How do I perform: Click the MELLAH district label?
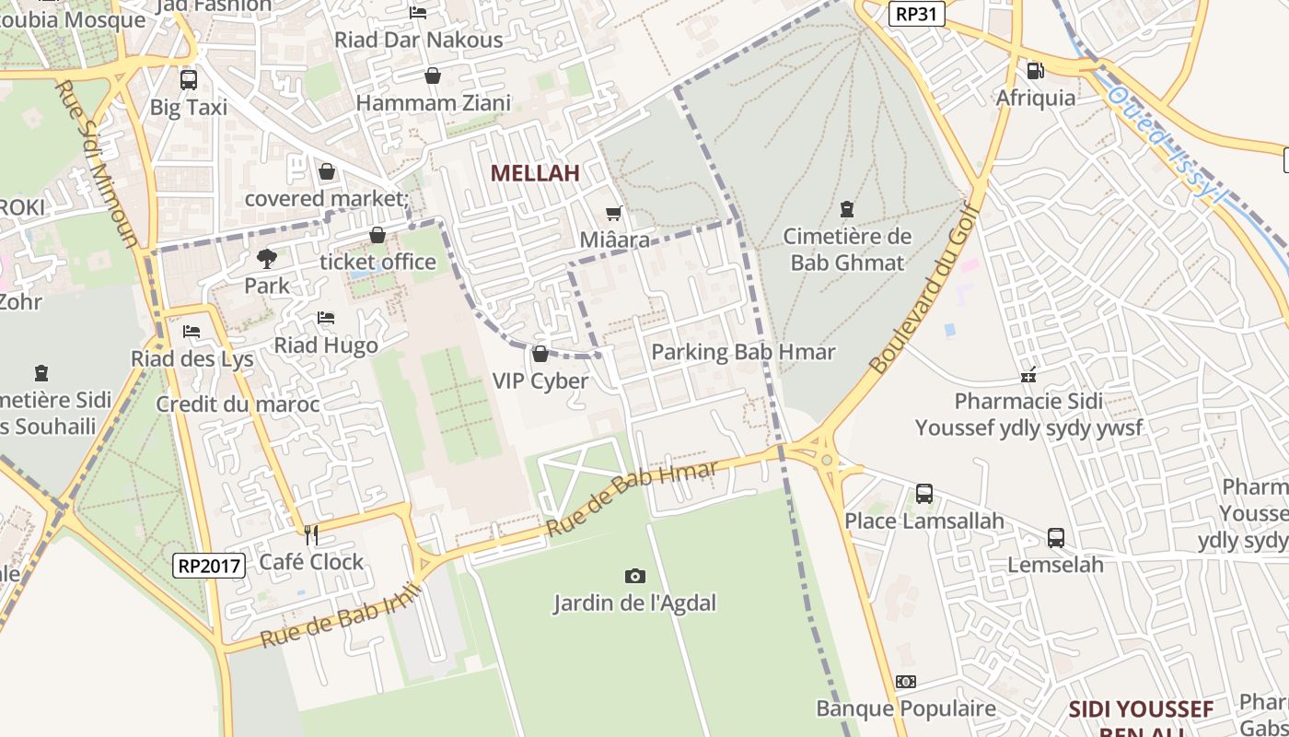click(535, 173)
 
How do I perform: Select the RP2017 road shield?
click(209, 565)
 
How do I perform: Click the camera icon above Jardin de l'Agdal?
click(634, 576)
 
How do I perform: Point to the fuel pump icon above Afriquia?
click(1035, 71)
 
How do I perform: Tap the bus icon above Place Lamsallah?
click(924, 494)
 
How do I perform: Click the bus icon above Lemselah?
click(1056, 537)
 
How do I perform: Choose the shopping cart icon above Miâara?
click(614, 214)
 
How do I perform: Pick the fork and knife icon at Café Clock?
click(311, 534)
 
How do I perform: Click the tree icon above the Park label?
click(267, 259)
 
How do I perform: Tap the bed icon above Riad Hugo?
click(326, 318)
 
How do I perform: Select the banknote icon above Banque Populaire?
click(906, 682)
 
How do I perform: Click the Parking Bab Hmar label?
click(743, 352)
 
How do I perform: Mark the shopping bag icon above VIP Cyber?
click(540, 354)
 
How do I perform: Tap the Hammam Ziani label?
click(433, 103)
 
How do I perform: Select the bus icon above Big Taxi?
click(189, 80)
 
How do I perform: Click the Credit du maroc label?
click(238, 404)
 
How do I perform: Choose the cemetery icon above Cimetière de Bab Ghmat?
click(847, 210)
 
